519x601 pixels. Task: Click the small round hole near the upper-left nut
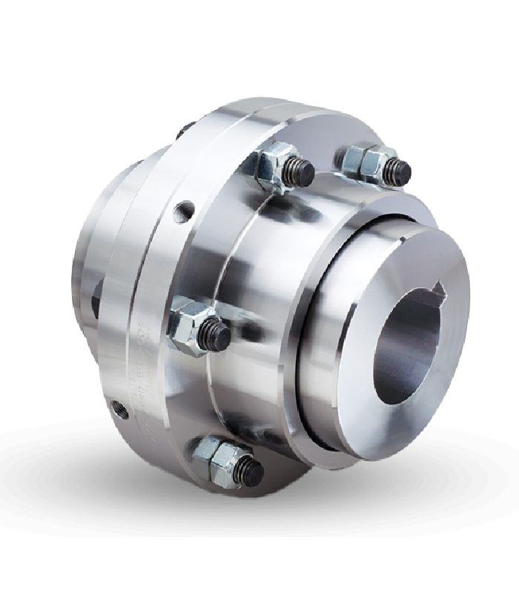point(183,212)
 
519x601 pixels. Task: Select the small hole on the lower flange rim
point(117,407)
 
